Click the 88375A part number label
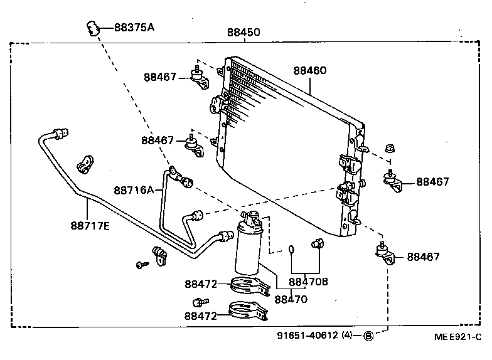pyautogui.click(x=134, y=27)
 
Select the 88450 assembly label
pyautogui.click(x=243, y=33)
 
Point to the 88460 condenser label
pyautogui.click(x=309, y=71)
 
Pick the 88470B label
pyautogui.click(x=308, y=282)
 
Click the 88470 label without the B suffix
pyautogui.click(x=291, y=299)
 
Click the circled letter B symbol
pyautogui.click(x=368, y=336)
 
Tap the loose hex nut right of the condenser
pyautogui.click(x=388, y=149)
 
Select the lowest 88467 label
pyautogui.click(x=423, y=257)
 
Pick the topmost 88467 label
pyautogui.click(x=160, y=77)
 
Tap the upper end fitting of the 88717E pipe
pyautogui.click(x=60, y=133)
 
